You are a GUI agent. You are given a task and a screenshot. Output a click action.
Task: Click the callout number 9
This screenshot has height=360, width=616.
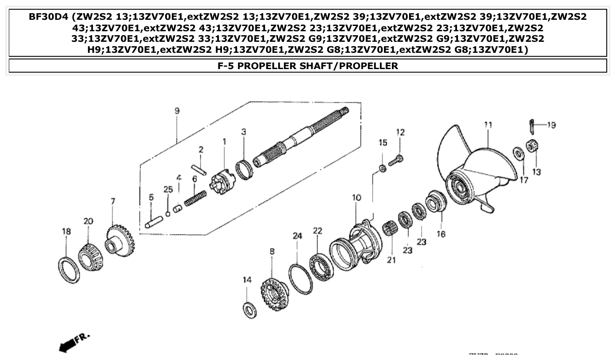point(177,111)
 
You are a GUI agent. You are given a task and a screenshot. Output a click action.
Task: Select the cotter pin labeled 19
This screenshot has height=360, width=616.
point(532,125)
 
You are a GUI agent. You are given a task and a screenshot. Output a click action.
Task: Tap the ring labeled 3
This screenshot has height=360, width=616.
point(244,169)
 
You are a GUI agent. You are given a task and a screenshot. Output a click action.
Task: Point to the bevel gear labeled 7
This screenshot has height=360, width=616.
point(120,240)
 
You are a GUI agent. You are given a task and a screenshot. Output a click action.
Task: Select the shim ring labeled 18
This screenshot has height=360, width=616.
point(69,270)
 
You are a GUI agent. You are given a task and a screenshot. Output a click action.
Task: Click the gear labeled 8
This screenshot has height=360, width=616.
point(274,291)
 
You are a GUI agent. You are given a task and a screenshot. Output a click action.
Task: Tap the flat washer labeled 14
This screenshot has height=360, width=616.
point(250,309)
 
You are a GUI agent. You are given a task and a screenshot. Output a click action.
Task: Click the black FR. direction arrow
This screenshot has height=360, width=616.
point(66,346)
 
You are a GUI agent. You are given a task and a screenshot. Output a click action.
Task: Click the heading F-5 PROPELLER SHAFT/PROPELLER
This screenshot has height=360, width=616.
point(308,66)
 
